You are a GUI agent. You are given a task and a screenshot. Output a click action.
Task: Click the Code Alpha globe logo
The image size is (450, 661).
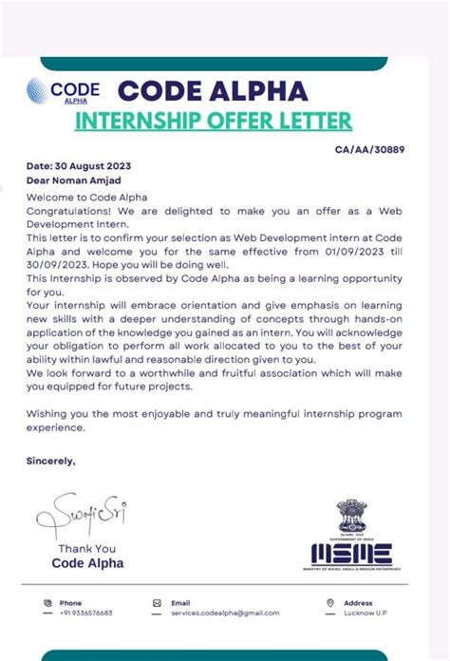point(41,92)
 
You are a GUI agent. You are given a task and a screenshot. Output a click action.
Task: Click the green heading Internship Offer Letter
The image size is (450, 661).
point(213,121)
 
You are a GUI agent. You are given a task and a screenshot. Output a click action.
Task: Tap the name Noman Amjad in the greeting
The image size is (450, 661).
point(93,180)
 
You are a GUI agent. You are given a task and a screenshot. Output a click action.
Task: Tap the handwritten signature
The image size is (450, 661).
point(81,516)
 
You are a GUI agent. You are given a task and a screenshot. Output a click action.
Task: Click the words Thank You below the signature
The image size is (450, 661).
point(86,548)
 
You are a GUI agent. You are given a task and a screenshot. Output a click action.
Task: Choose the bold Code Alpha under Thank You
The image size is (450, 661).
point(87,563)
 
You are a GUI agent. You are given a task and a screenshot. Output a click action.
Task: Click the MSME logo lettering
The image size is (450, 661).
point(350,554)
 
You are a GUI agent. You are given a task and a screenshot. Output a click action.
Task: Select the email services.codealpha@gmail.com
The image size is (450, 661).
point(218,614)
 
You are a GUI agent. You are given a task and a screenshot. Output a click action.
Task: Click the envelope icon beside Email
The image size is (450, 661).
point(157,602)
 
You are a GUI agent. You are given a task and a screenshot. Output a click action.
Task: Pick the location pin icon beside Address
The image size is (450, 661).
point(329,602)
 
